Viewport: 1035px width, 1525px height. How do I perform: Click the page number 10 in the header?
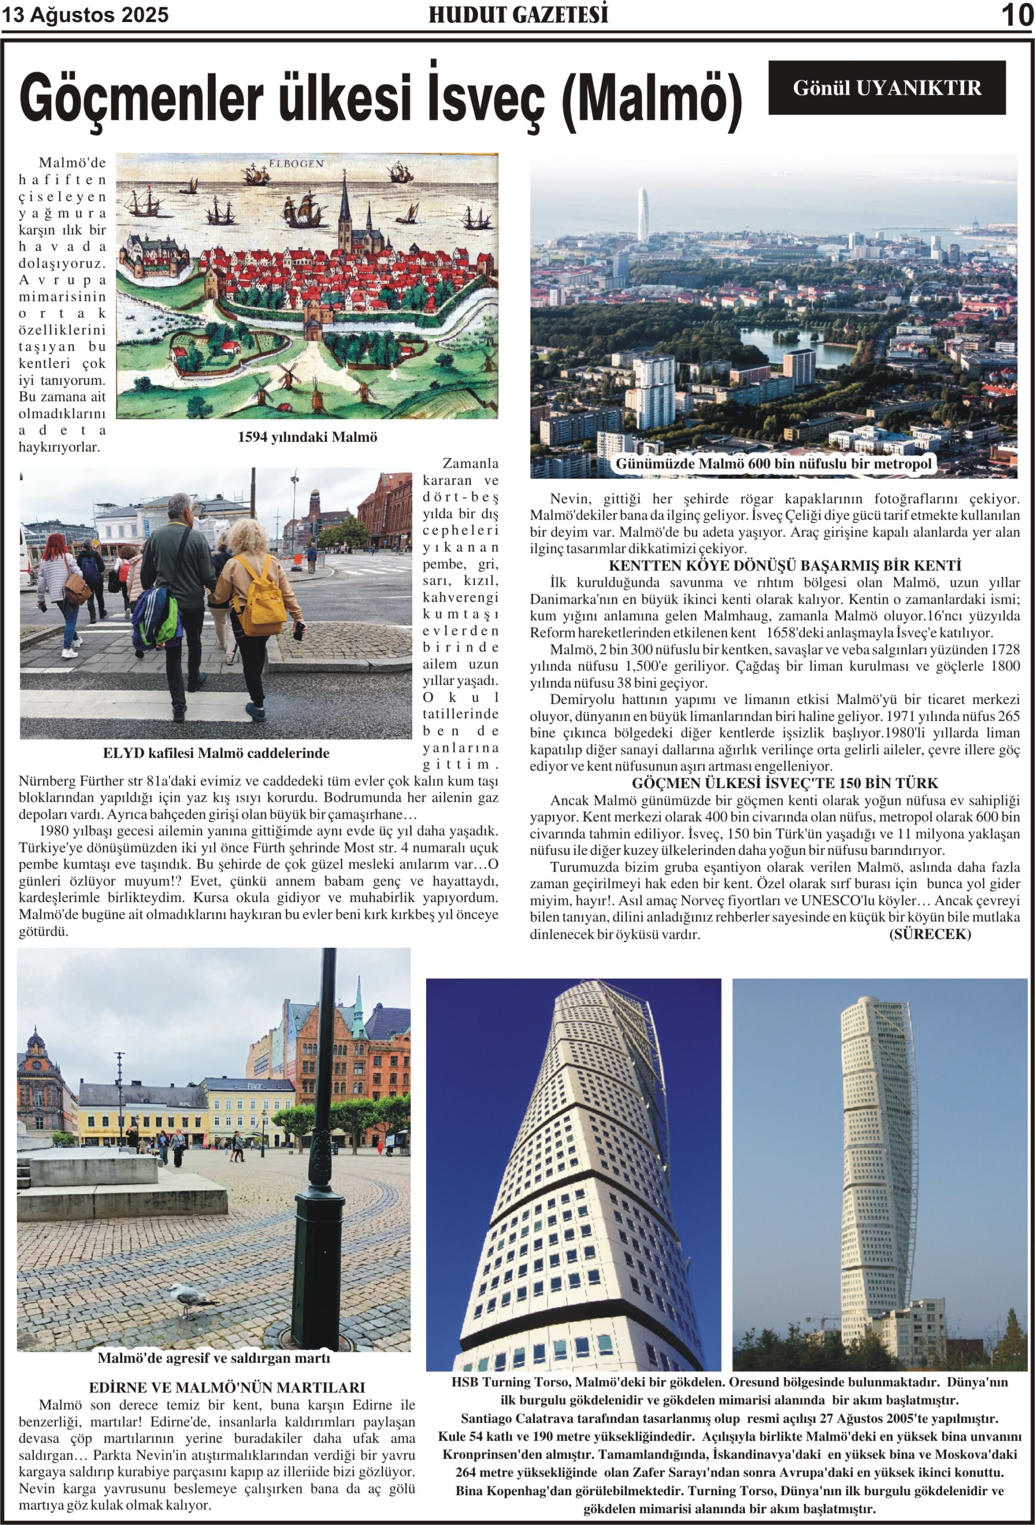click(1017, 15)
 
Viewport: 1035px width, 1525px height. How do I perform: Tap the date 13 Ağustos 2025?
click(85, 15)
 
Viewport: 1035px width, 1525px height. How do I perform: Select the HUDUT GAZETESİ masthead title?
click(518, 14)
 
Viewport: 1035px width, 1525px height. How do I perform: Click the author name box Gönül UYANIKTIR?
click(887, 88)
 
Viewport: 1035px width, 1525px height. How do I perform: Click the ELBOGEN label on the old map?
click(296, 163)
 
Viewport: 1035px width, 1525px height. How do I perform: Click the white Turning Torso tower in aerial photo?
click(642, 214)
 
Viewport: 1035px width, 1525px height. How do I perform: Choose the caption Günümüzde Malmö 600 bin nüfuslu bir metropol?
click(773, 464)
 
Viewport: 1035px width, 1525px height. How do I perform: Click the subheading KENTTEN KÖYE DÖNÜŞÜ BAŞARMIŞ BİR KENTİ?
click(775, 565)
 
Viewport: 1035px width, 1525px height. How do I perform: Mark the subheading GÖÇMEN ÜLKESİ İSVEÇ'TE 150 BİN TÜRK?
click(775, 783)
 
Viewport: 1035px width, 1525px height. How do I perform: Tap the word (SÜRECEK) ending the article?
click(930, 934)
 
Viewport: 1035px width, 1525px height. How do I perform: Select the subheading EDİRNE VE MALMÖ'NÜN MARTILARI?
click(226, 1387)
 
